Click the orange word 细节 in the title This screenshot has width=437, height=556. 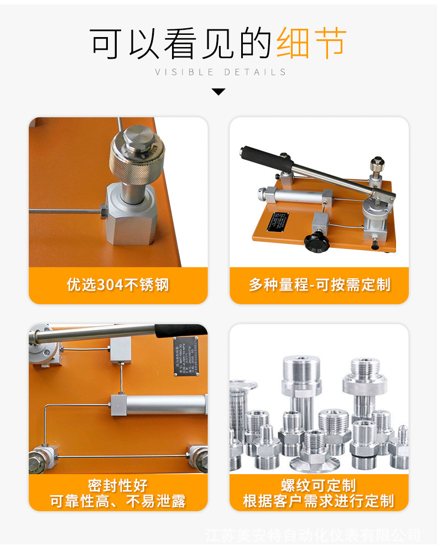pos(311,43)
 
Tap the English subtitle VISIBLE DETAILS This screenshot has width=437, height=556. pos(220,72)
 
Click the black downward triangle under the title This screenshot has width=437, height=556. pos(218,91)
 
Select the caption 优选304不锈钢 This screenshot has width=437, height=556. pos(118,285)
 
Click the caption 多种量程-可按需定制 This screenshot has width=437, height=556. pos(319,285)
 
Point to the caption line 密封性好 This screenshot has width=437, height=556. pos(118,486)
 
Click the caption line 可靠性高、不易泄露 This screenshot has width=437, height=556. pos(118,501)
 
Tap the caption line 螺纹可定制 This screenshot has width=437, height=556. pos(319,486)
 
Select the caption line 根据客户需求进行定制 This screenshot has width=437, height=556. pos(319,501)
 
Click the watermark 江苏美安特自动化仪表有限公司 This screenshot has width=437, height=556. pos(313,536)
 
